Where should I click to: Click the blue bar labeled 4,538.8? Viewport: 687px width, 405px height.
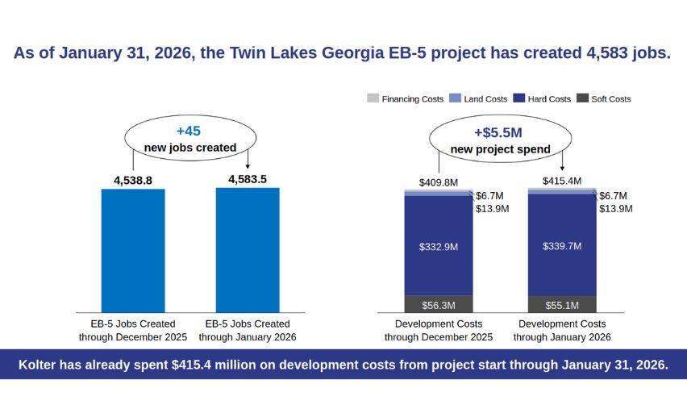tap(133, 250)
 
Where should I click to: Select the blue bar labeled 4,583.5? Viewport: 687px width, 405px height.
tap(248, 250)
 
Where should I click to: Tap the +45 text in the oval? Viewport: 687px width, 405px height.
tap(190, 131)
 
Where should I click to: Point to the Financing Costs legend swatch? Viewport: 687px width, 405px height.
tap(373, 98)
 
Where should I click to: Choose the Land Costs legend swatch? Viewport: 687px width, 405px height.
tap(456, 98)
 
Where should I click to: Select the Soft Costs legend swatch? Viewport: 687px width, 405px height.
tap(584, 98)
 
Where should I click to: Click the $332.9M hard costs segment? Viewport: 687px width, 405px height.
tap(439, 246)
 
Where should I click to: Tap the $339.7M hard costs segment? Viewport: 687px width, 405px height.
tap(562, 246)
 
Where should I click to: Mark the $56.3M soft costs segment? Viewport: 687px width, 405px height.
tap(439, 305)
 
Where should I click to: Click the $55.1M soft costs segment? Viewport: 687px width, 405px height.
tap(562, 305)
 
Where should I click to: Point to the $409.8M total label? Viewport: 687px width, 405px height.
tap(439, 182)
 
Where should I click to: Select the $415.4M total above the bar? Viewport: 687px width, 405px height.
tap(562, 181)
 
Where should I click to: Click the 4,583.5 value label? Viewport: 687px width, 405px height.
tap(248, 179)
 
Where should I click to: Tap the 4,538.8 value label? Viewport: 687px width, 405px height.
tap(133, 181)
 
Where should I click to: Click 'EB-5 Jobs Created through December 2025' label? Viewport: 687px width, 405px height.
tap(133, 330)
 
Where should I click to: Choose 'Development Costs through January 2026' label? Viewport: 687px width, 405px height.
tap(562, 330)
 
